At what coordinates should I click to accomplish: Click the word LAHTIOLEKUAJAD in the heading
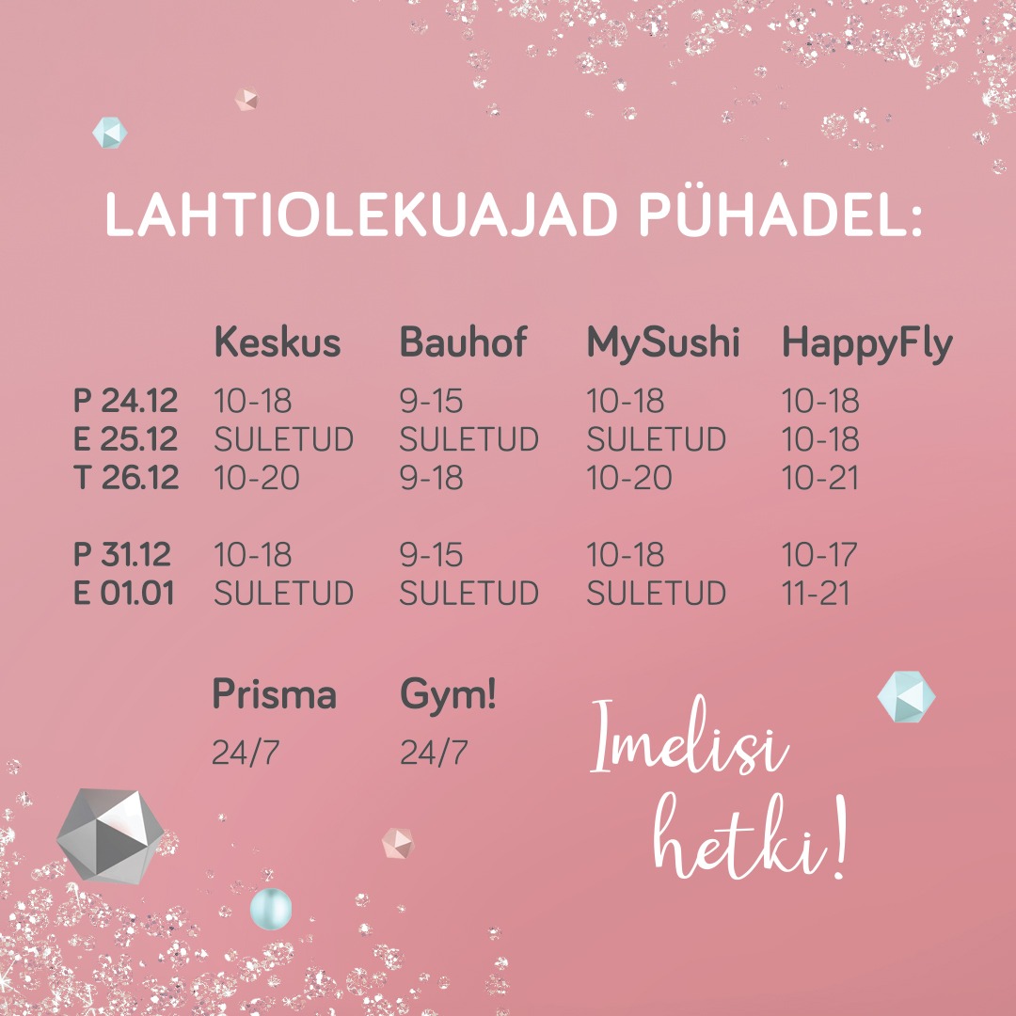tap(361, 215)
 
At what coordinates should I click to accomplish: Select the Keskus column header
tap(278, 341)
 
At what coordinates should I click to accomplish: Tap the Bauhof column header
tap(463, 341)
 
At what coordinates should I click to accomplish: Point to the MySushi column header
tap(663, 342)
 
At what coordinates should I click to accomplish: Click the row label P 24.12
tap(126, 401)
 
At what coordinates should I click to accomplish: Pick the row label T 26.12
tap(126, 478)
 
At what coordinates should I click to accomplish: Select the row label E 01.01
tap(124, 593)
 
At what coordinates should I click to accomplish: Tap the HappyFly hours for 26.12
tap(820, 478)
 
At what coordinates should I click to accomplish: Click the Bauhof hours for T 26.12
tap(431, 478)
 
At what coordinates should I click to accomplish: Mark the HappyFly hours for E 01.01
tap(816, 593)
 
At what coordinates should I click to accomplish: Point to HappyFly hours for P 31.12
tap(819, 555)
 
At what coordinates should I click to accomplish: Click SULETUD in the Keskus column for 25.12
tap(284, 439)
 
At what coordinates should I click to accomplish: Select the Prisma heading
tap(274, 694)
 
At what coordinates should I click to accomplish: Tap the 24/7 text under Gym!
tap(434, 753)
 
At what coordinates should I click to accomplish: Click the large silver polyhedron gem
tap(110, 836)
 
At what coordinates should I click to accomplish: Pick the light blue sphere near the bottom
tap(271, 909)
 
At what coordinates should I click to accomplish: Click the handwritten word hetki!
tap(750, 836)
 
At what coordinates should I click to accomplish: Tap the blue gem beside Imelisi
tap(907, 696)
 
